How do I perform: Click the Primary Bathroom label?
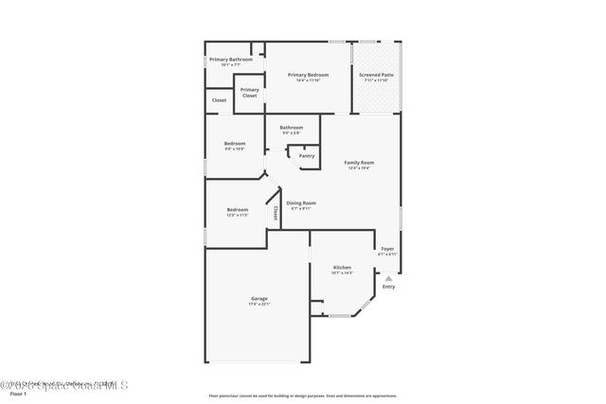click(230, 60)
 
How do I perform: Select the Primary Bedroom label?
click(308, 75)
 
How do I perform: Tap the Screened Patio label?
click(376, 75)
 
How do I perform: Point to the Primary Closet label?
click(249, 93)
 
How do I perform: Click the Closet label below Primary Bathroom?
click(219, 99)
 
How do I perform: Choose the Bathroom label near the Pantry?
click(291, 128)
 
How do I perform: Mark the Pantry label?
click(307, 155)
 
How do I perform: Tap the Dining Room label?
click(301, 203)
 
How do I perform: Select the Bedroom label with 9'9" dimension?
click(234, 144)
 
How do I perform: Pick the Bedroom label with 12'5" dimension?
click(237, 209)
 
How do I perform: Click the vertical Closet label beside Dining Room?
click(276, 213)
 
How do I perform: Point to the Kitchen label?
click(342, 268)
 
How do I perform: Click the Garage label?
click(258, 299)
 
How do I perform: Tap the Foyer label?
click(387, 249)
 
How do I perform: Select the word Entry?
click(388, 287)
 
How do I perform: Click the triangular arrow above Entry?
click(388, 278)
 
